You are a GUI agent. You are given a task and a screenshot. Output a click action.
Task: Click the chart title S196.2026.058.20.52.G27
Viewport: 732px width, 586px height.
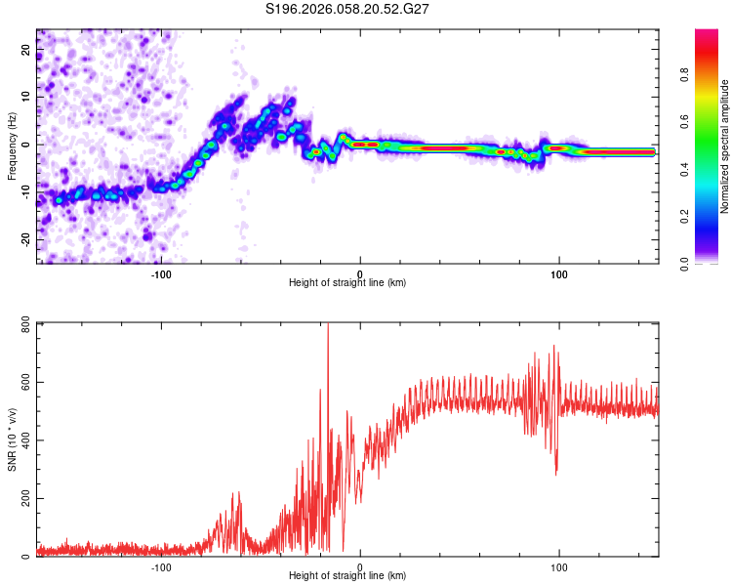tap(348, 10)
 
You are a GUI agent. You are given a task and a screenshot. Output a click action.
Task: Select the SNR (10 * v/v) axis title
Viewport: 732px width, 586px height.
tap(12, 439)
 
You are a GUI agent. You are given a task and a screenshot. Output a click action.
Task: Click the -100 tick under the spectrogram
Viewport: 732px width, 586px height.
tap(161, 274)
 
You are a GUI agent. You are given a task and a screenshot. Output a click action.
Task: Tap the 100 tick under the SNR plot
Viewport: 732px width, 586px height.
tap(559, 567)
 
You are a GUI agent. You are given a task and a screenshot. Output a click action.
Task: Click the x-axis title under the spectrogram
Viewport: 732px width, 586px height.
tap(347, 283)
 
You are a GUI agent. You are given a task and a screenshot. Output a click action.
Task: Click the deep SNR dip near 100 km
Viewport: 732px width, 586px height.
tap(556, 473)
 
